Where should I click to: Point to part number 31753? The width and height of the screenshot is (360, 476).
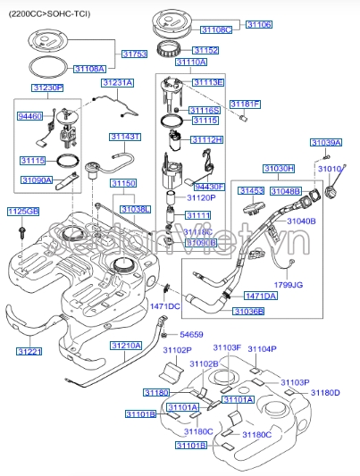pos(134,54)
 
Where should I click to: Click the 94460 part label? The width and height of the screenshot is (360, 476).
pos(31,116)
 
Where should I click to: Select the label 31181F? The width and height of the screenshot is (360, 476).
pos(246,104)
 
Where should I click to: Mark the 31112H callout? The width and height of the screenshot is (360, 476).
pos(207,140)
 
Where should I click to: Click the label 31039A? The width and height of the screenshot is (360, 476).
pos(325,143)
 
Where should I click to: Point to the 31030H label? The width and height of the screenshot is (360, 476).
pos(279,168)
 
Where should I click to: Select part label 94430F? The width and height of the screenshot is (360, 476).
pos(208,187)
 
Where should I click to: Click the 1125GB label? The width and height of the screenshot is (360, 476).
pos(23,211)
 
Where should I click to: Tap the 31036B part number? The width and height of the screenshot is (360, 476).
pos(248,311)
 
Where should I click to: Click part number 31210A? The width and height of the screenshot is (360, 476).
pos(126,345)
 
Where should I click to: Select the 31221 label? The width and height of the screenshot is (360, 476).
pos(29,352)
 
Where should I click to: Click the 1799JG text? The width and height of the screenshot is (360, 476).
pos(289,285)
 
